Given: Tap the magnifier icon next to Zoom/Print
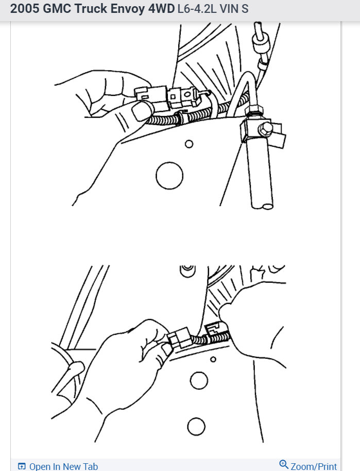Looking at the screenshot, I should coord(284,465).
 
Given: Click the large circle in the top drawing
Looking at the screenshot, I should coord(169,176).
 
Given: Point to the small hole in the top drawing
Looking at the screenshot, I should coord(189,144).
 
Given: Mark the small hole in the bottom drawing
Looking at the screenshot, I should coord(213,359).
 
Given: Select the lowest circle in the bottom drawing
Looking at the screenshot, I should coord(197,427).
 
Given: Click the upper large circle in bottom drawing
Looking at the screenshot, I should coord(199,381).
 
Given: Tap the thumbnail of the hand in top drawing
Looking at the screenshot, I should coord(141,110).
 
